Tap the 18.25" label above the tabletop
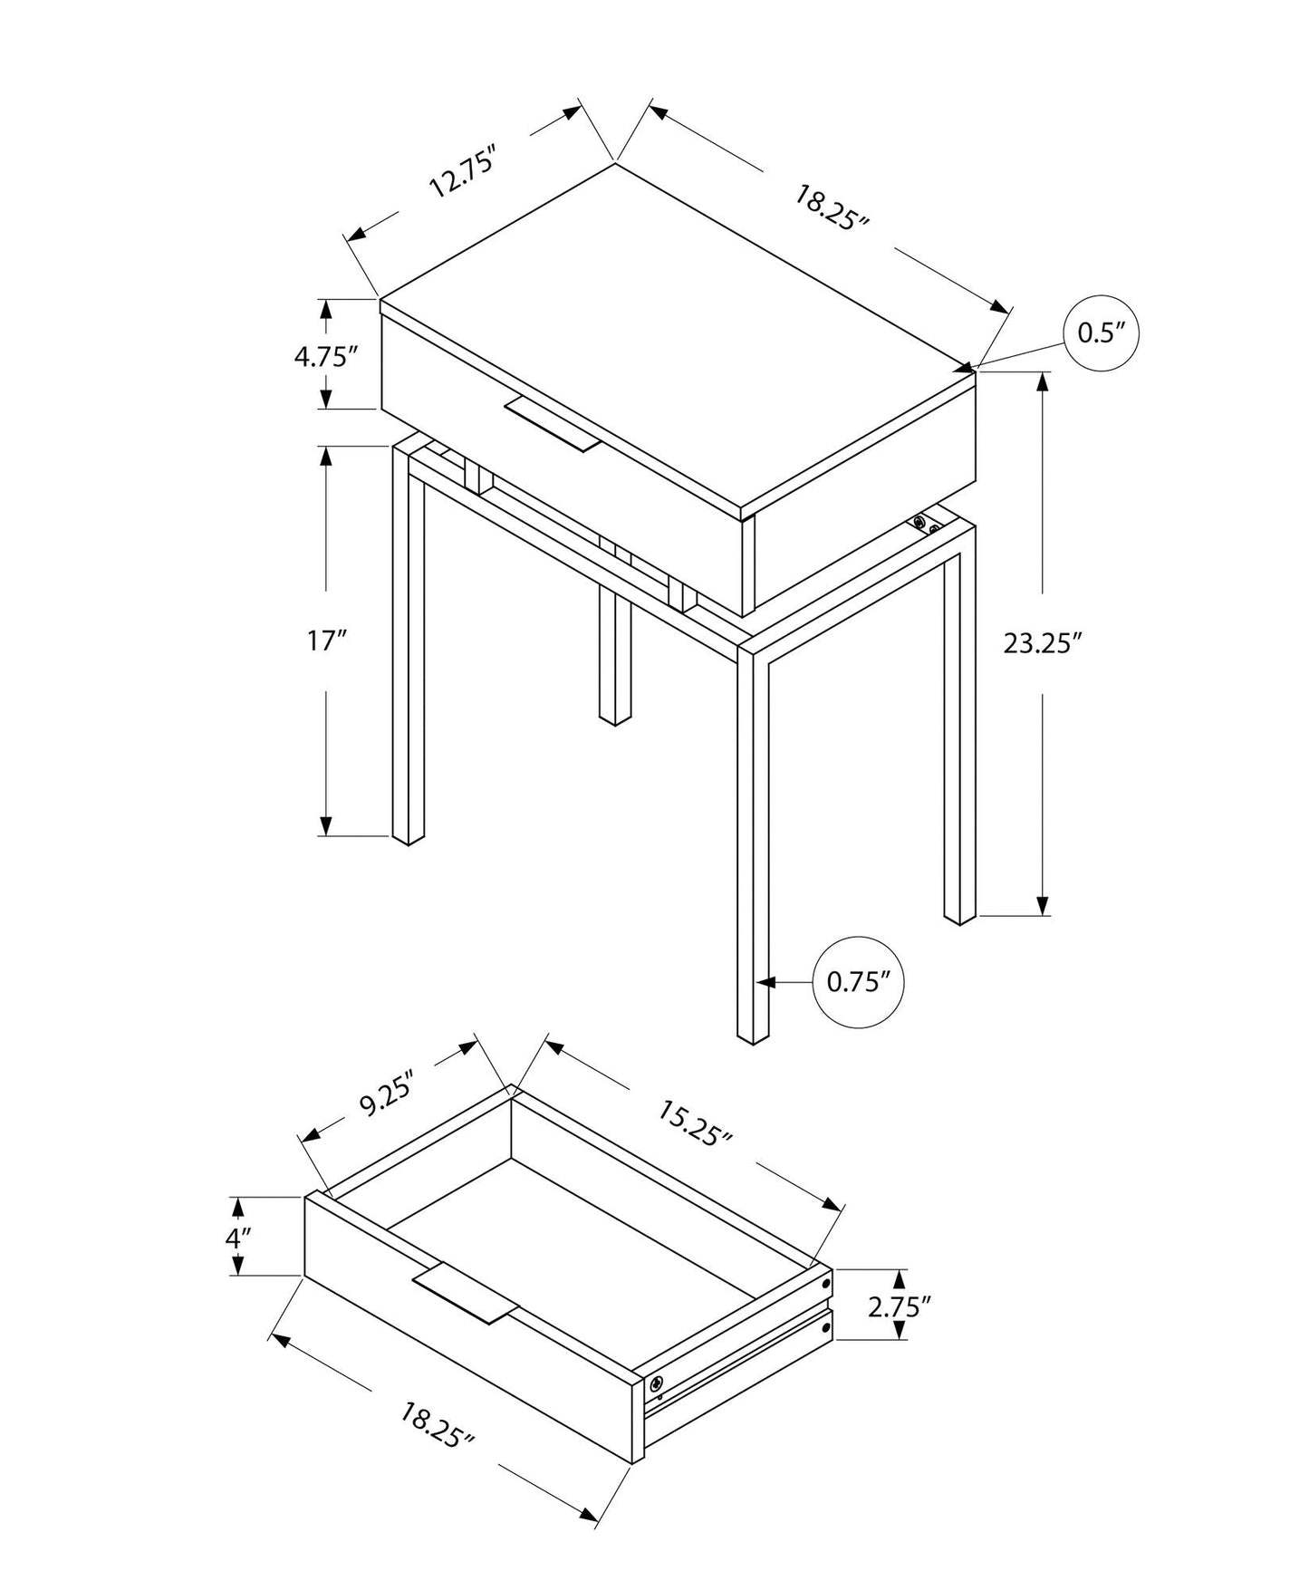click(831, 208)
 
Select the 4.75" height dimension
click(321, 356)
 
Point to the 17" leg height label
click(327, 641)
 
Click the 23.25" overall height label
click(1043, 643)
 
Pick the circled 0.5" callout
click(1100, 333)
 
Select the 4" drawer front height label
click(237, 1237)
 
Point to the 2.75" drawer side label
click(899, 1306)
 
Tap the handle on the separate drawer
click(463, 1291)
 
